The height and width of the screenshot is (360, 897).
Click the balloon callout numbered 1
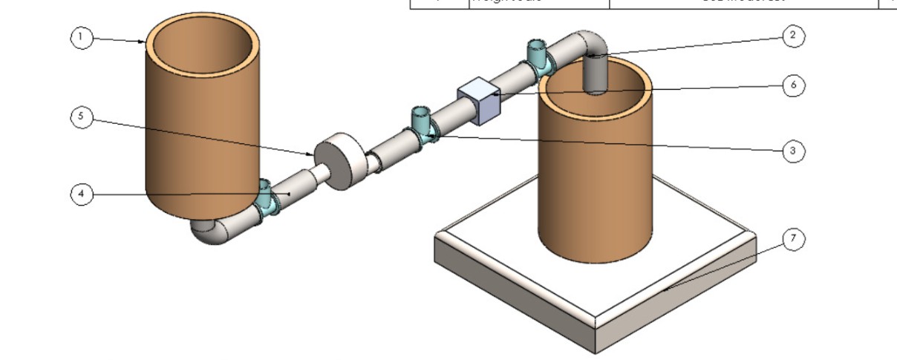click(x=82, y=38)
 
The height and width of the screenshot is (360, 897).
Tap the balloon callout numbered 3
click(x=793, y=151)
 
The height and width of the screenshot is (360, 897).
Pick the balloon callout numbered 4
click(x=82, y=194)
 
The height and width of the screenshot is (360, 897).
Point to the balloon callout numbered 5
click(x=82, y=117)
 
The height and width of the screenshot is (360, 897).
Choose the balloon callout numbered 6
click(x=793, y=85)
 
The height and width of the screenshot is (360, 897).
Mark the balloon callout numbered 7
click(x=793, y=239)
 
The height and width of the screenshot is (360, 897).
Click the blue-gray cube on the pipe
click(x=479, y=101)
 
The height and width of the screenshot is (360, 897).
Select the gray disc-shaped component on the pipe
click(x=339, y=162)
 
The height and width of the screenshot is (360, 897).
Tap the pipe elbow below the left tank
click(x=212, y=232)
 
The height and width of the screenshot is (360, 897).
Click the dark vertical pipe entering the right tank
click(x=596, y=74)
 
